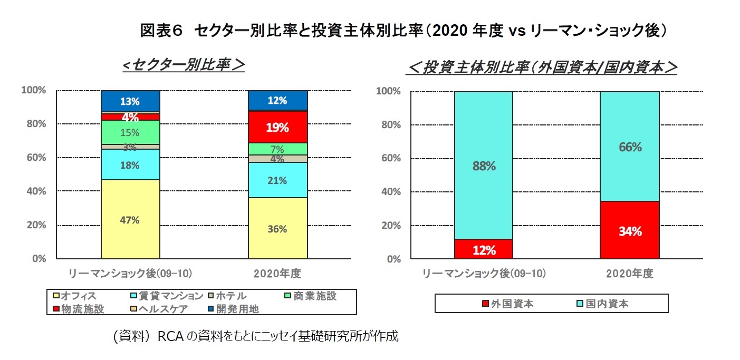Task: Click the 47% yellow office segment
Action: click(130, 219)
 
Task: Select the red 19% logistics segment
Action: click(277, 127)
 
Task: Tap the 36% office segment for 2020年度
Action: click(277, 228)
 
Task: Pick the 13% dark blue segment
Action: click(130, 101)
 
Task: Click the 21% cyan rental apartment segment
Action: click(277, 180)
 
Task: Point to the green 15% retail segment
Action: click(130, 132)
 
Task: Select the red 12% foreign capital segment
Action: click(484, 249)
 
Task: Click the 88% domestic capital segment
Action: click(484, 166)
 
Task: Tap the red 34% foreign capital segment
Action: click(630, 230)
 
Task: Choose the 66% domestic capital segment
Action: click(630, 147)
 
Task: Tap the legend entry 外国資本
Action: click(507, 304)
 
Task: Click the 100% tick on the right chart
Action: click(388, 91)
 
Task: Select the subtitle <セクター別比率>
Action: click(183, 65)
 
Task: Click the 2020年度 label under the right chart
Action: click(630, 274)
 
